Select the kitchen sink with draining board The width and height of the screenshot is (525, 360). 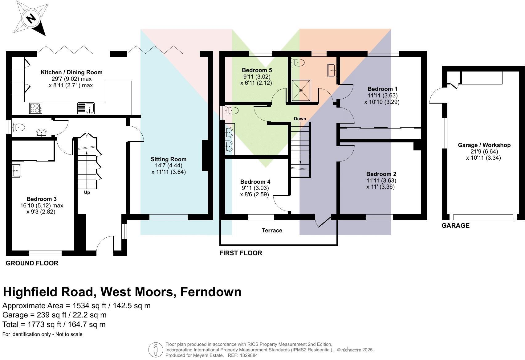(x=86, y=108)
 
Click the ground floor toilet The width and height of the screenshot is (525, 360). (x=18, y=127)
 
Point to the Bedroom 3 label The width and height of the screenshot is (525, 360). (x=42, y=199)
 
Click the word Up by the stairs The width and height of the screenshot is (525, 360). (x=87, y=192)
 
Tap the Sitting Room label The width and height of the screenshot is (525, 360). (x=169, y=159)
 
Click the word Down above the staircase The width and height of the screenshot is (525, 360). (x=300, y=119)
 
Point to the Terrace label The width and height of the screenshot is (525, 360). (x=272, y=231)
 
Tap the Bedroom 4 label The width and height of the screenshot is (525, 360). (x=255, y=182)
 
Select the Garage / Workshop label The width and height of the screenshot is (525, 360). (x=484, y=145)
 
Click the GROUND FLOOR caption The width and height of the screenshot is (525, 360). (x=32, y=263)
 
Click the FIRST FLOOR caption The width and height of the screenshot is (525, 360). (x=241, y=253)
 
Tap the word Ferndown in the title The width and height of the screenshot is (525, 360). (x=211, y=292)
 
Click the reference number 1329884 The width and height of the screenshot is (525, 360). (x=247, y=355)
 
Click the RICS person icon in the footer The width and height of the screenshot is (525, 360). (x=156, y=350)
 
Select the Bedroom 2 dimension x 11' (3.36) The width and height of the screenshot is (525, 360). (x=381, y=187)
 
